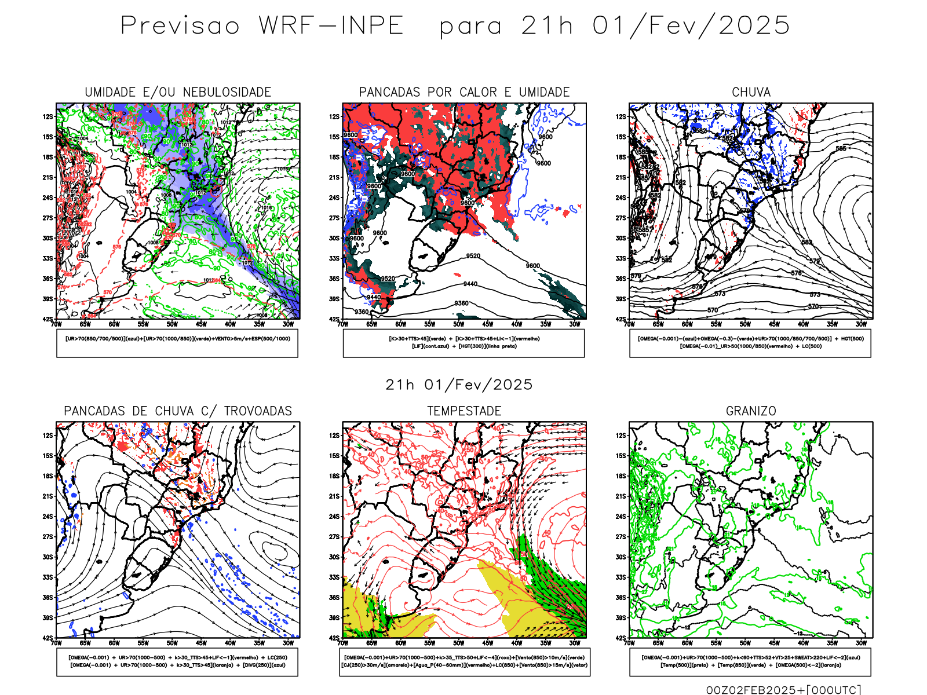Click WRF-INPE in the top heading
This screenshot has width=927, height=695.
331,25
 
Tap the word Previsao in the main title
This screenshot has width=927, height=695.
180,25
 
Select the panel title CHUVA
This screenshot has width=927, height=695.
751,92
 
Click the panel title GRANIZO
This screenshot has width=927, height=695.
751,411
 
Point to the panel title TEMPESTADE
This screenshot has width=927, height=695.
464,411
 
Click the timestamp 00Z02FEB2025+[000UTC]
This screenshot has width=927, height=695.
783,690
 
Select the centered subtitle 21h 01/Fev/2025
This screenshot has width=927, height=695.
459,385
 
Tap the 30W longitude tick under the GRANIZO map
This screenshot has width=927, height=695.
861,643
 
